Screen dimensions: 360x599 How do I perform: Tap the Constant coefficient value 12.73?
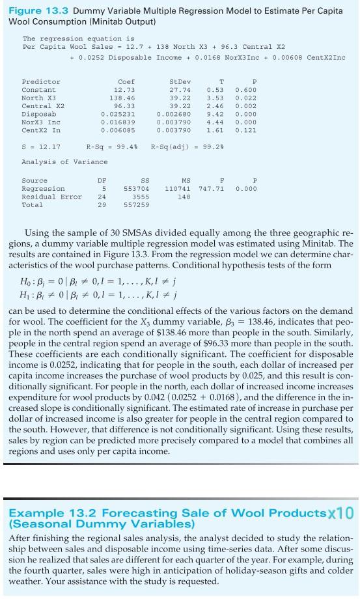point(124,89)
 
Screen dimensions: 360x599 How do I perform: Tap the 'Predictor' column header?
point(41,81)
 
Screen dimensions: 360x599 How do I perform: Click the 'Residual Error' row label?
point(52,196)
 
